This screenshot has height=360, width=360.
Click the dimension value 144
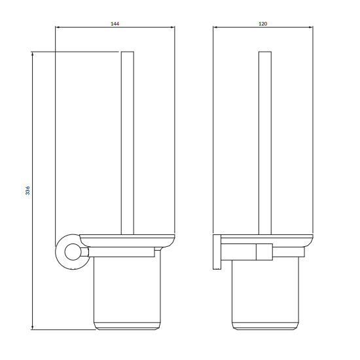coord(115,23)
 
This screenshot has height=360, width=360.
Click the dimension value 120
coord(263,23)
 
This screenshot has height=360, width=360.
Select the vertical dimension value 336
coord(27,190)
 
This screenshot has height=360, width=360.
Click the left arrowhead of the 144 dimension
coord(57,27)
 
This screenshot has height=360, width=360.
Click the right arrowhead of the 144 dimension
coord(173,27)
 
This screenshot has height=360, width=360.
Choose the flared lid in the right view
coord(265,239)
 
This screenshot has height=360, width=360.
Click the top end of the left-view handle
coord(128,52)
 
